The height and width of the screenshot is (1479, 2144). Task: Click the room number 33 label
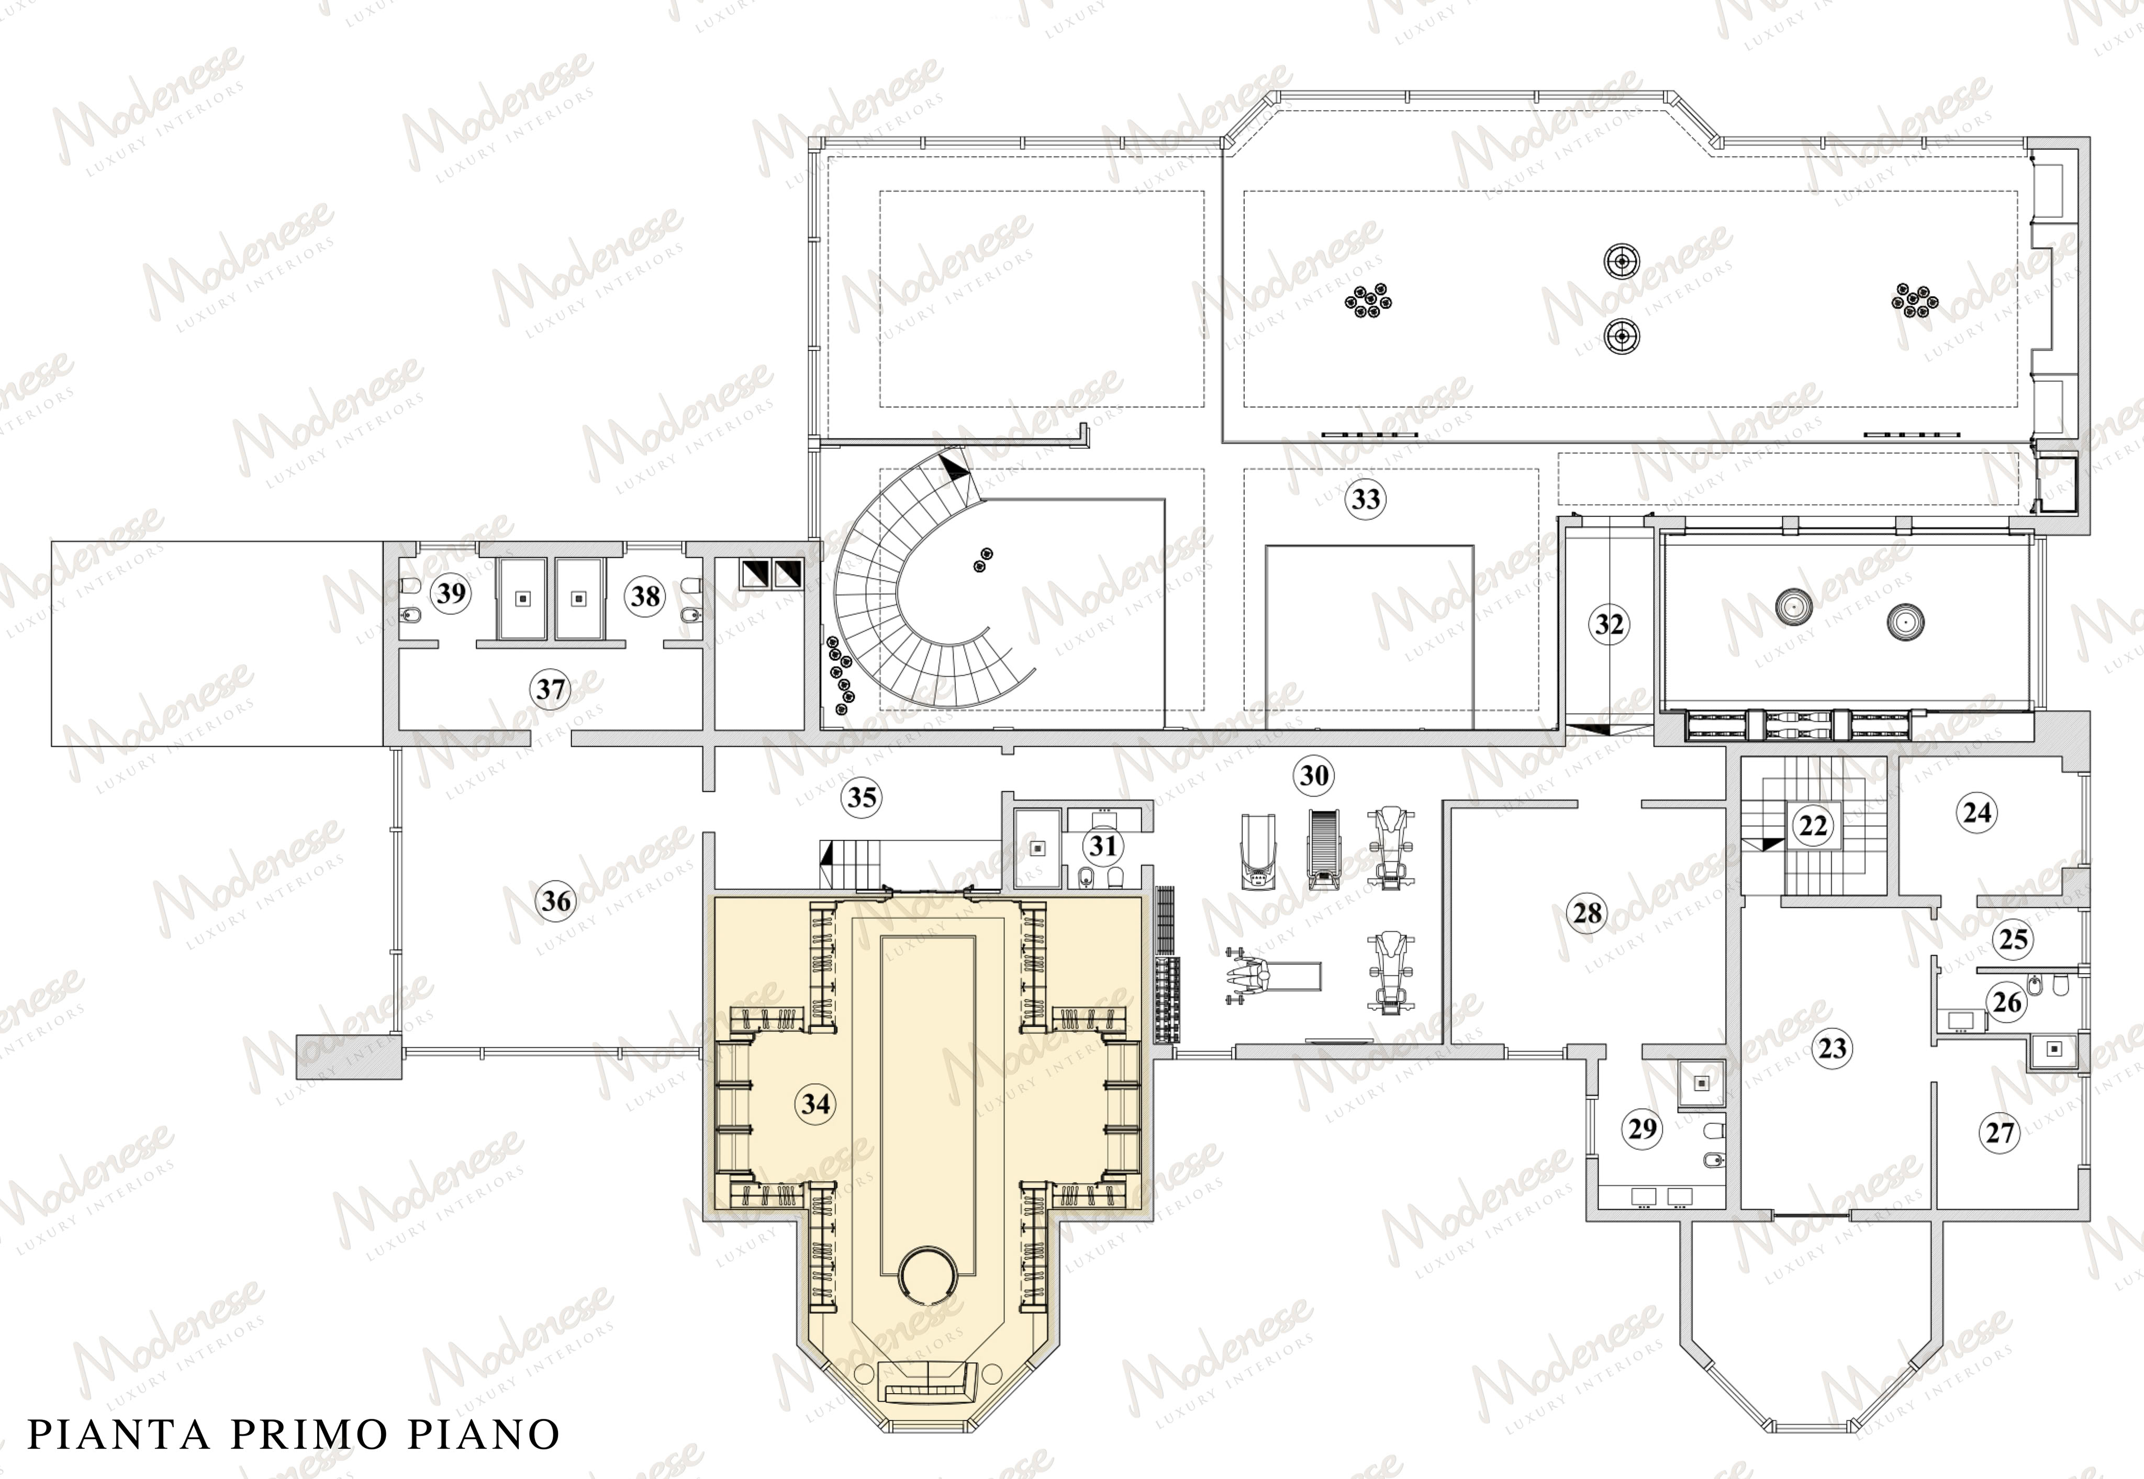tap(1365, 500)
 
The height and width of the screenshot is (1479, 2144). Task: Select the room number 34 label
tap(816, 1104)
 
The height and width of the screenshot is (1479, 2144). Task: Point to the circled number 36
tap(556, 901)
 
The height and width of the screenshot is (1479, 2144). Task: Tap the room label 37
tap(551, 690)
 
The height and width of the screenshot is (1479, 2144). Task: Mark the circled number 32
tap(1609, 625)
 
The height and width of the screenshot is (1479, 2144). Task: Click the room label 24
tap(1977, 812)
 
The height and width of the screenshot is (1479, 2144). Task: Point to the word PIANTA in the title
tap(119, 1435)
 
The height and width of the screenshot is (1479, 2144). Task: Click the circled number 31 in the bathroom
tap(1103, 845)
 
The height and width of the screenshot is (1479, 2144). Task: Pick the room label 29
tap(1643, 1128)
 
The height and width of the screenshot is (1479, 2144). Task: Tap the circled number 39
tap(451, 593)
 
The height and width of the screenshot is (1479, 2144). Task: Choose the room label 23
tap(1833, 1049)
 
